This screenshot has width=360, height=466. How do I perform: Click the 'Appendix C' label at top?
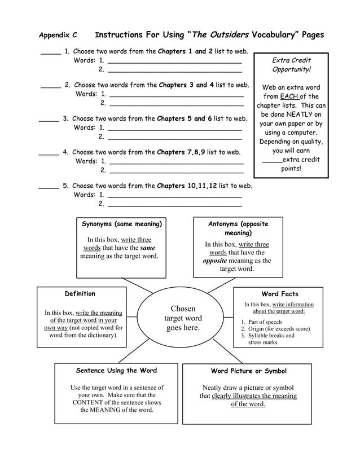pyautogui.click(x=58, y=35)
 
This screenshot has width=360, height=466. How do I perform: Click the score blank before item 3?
pyautogui.click(x=49, y=120)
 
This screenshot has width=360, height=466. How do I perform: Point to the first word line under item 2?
pyautogui.click(x=177, y=95)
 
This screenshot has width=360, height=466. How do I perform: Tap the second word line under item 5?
pyautogui.click(x=174, y=205)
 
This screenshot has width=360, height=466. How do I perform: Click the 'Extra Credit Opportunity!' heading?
pyautogui.click(x=291, y=65)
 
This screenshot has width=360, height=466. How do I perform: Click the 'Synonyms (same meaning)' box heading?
pyautogui.click(x=121, y=224)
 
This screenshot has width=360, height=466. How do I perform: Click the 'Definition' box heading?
pyautogui.click(x=80, y=294)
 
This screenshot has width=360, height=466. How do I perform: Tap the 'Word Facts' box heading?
pyautogui.click(x=280, y=294)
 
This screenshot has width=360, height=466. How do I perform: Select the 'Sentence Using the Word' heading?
pyautogui.click(x=116, y=371)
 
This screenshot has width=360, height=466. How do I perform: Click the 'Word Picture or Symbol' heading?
pyautogui.click(x=248, y=371)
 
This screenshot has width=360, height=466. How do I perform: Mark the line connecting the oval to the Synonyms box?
pyautogui.click(x=137, y=285)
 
